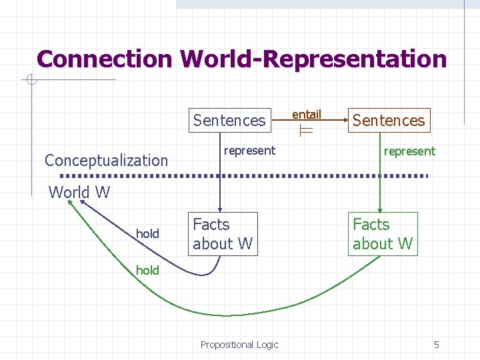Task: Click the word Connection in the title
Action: [x=105, y=59]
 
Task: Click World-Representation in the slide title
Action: [x=313, y=59]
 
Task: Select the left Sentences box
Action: [x=229, y=121]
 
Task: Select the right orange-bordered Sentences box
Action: [x=388, y=121]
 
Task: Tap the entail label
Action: [x=307, y=115]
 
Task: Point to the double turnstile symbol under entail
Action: [x=307, y=132]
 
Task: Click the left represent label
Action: [x=249, y=151]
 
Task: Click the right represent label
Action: [x=409, y=151]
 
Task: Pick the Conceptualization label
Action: [x=106, y=160]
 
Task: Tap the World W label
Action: [x=79, y=193]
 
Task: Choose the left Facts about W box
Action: [x=223, y=234]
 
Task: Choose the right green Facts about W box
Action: [x=383, y=234]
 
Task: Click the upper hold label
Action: [x=147, y=233]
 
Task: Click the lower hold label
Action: [x=147, y=270]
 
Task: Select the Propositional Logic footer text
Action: [x=239, y=345]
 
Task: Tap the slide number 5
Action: [x=437, y=345]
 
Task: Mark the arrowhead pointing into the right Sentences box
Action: [x=345, y=121]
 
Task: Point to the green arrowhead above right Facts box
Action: [x=380, y=208]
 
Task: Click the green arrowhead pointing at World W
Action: [x=69, y=204]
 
